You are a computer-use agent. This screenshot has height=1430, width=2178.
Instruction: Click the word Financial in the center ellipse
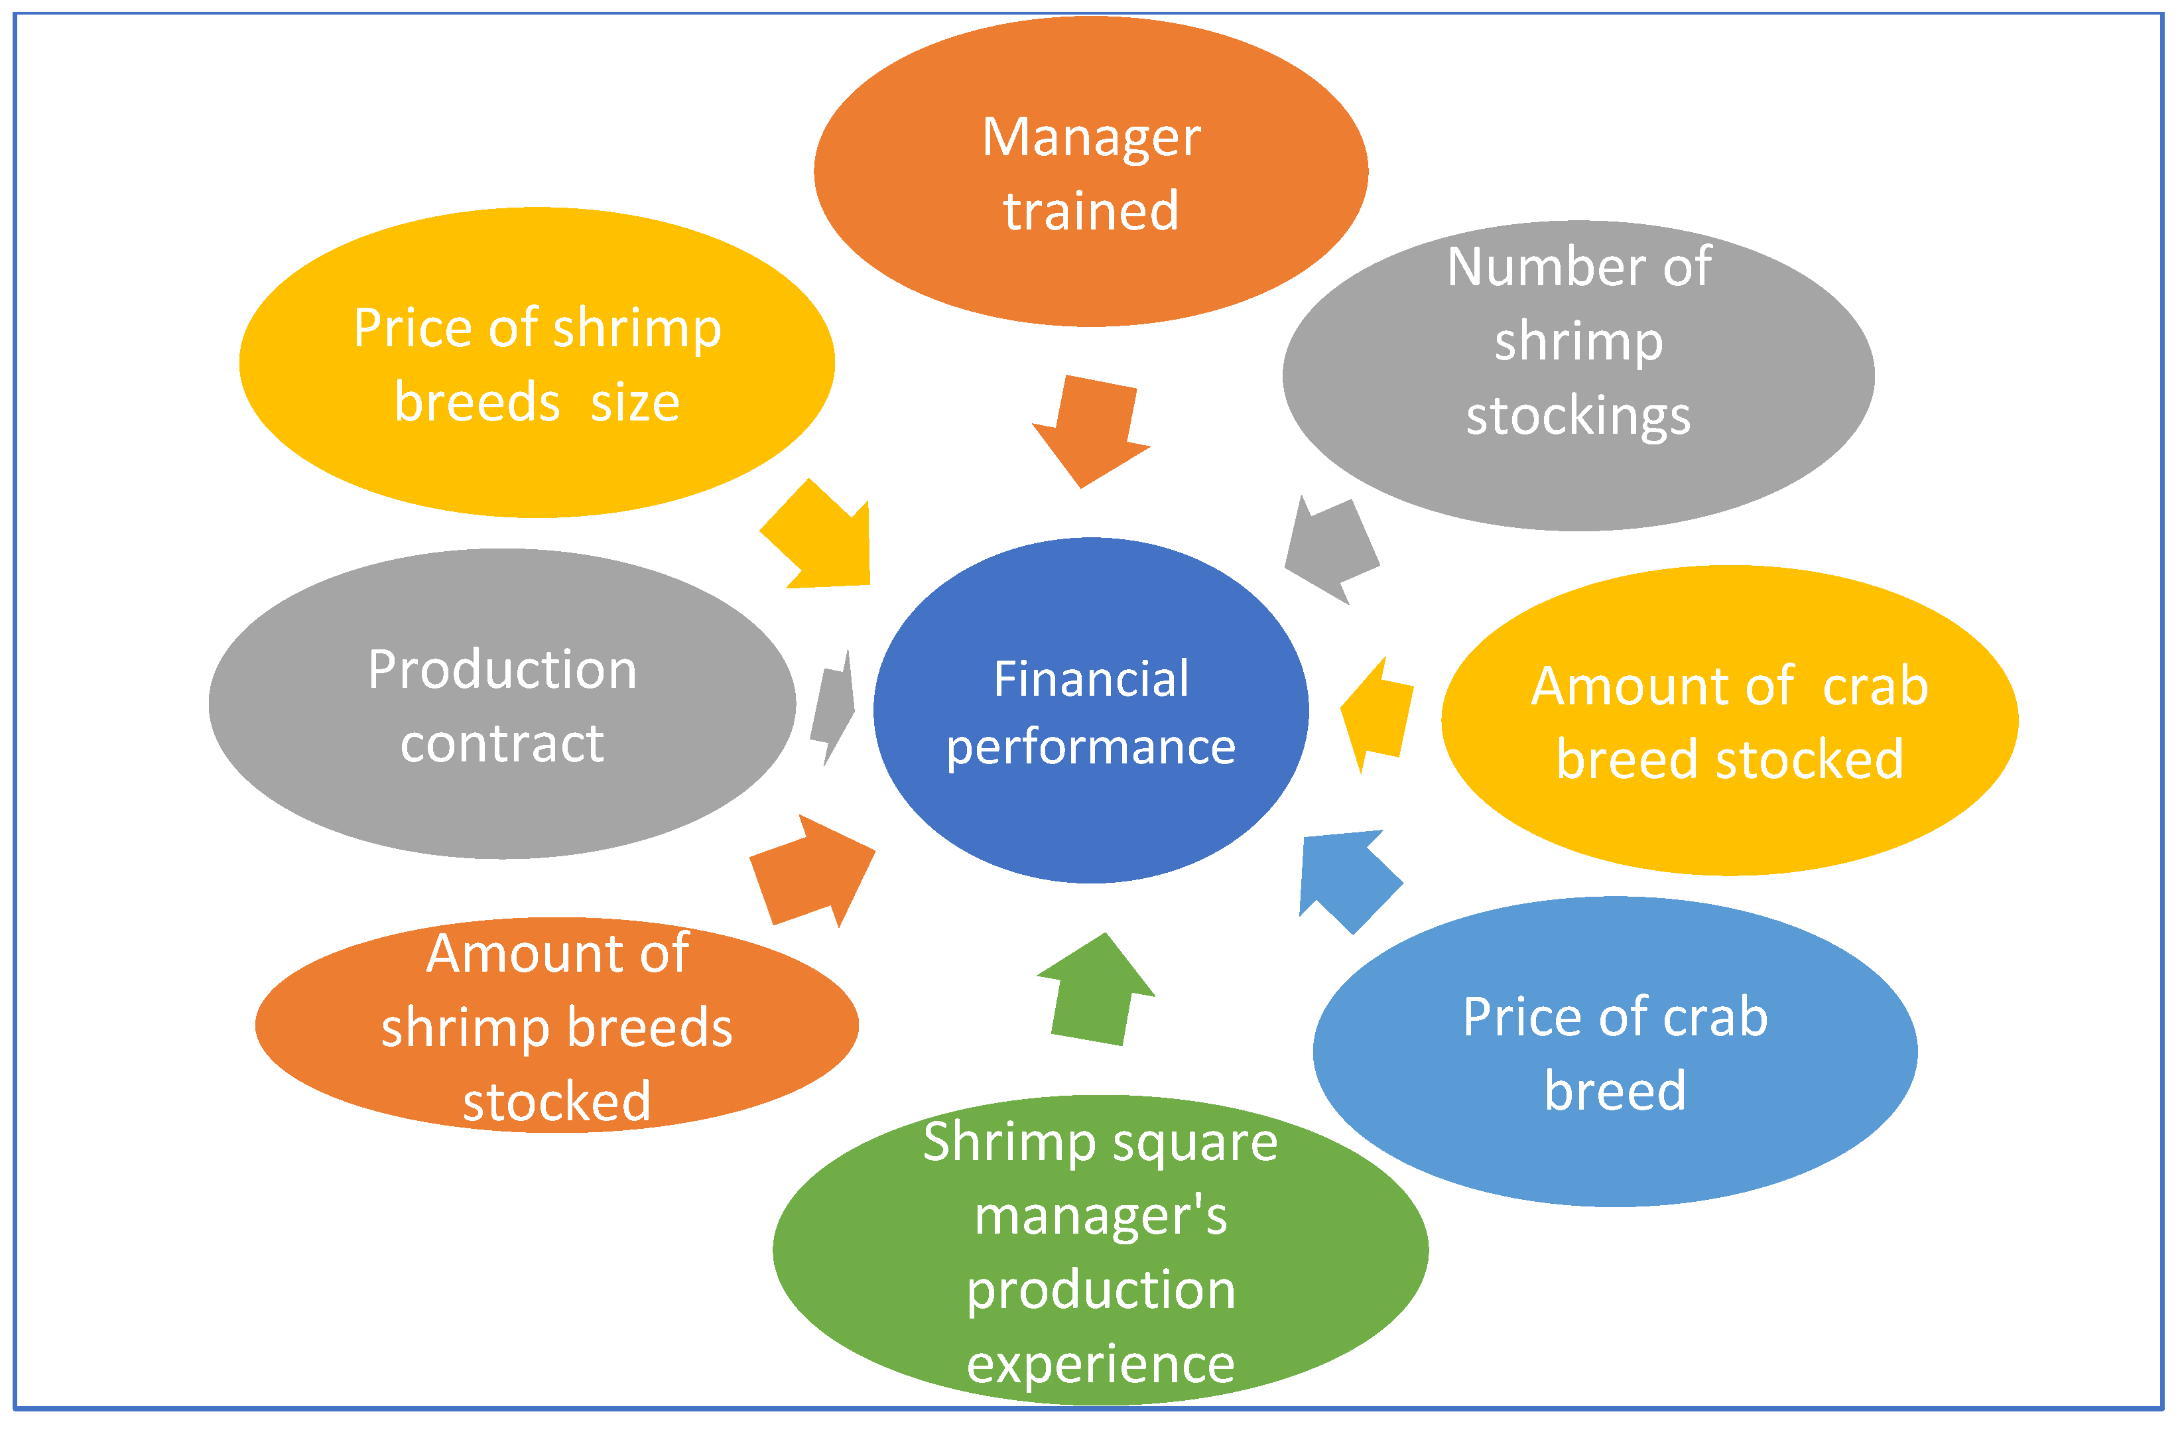pos(1091,680)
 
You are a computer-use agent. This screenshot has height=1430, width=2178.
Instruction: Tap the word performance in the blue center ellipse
pos(1091,747)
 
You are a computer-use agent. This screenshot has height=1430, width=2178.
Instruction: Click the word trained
pos(1091,212)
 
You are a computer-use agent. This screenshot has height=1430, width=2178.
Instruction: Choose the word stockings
pos(1578,417)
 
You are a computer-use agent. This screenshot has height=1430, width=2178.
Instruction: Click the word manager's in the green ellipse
pos(1101,1217)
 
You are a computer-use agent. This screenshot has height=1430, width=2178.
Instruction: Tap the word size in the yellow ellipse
pos(635,403)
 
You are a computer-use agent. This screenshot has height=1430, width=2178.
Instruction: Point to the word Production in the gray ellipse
pos(503,670)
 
